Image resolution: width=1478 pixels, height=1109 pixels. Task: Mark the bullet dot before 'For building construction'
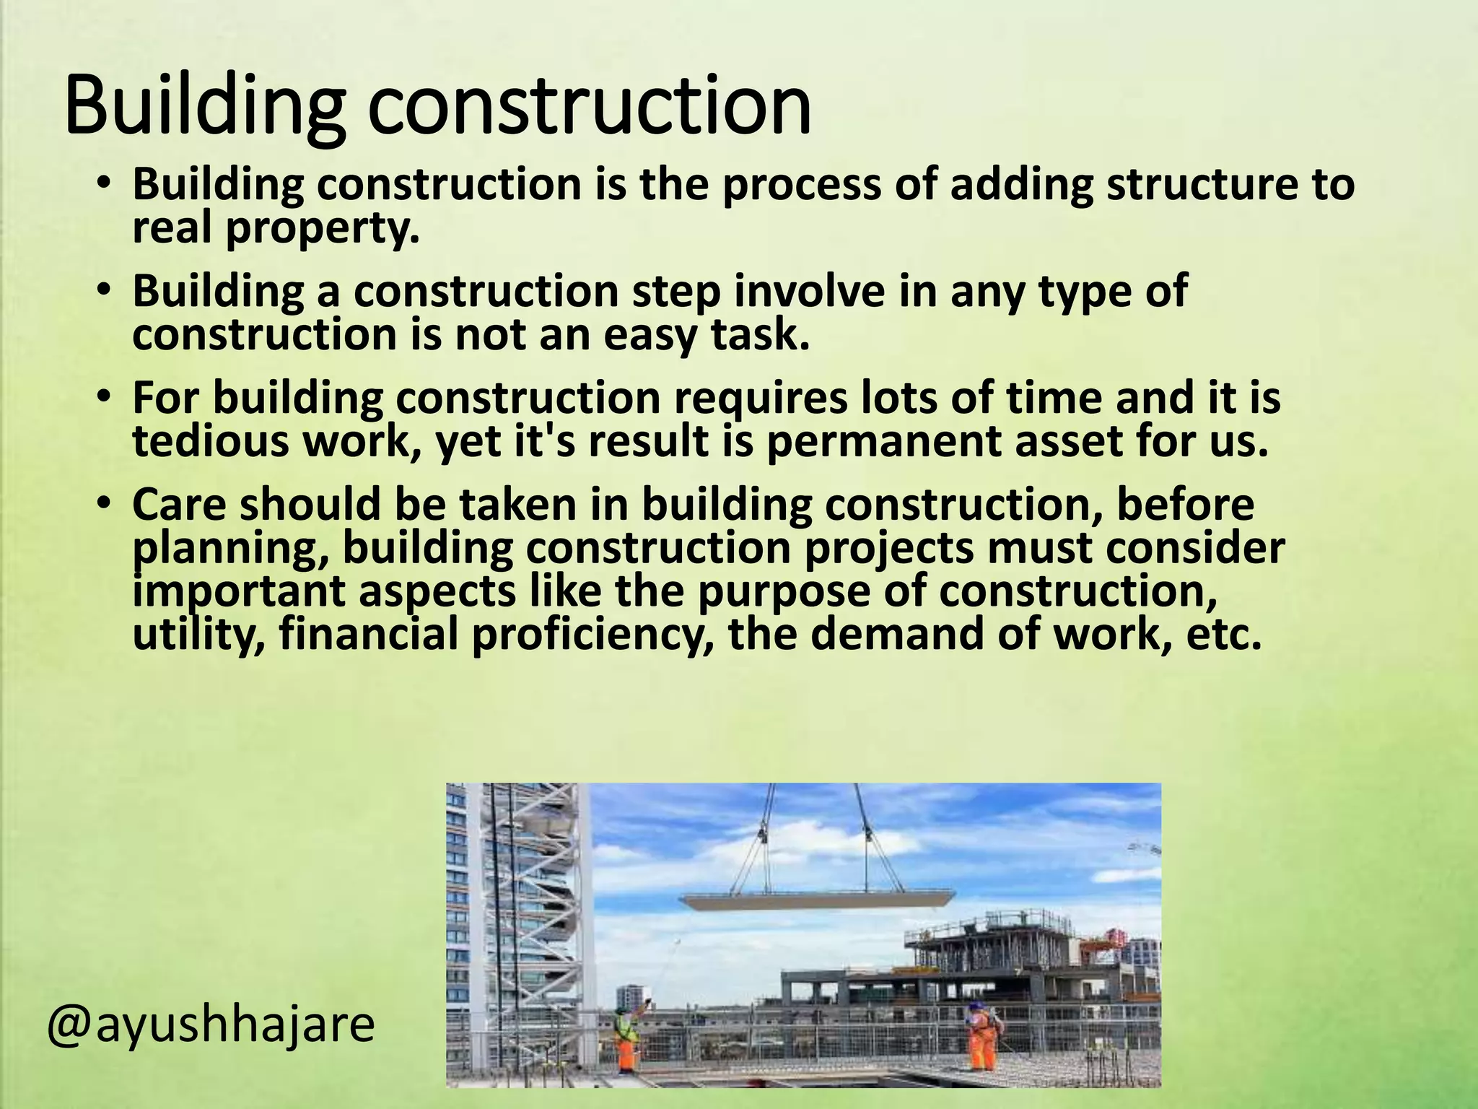[104, 397]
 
